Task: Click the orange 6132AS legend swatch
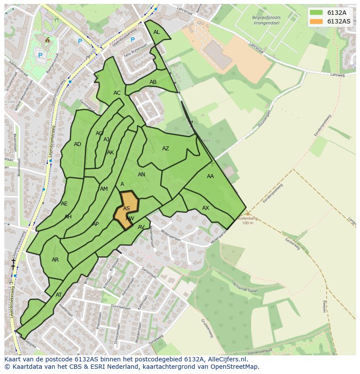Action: click(x=316, y=21)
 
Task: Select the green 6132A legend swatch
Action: click(x=316, y=13)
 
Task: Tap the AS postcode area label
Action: click(x=127, y=209)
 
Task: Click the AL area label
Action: click(x=157, y=32)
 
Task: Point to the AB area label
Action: click(x=153, y=82)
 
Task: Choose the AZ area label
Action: click(x=166, y=149)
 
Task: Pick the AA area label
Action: click(x=210, y=176)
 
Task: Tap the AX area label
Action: click(x=206, y=208)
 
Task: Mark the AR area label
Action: click(x=55, y=260)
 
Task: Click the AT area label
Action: click(x=59, y=295)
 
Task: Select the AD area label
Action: click(x=77, y=144)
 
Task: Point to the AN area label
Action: click(x=141, y=175)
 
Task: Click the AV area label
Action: click(x=141, y=227)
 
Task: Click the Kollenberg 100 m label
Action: click(x=247, y=220)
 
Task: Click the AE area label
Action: click(x=64, y=204)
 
